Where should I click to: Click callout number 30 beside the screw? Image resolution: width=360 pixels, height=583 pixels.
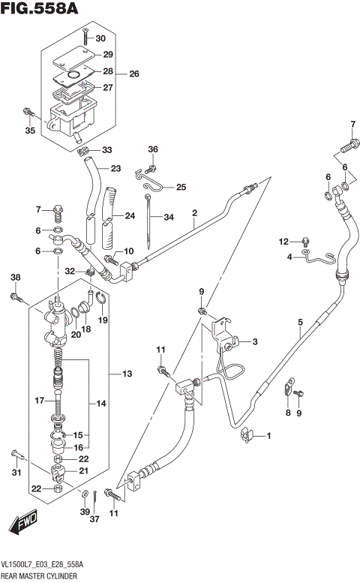click(x=100, y=38)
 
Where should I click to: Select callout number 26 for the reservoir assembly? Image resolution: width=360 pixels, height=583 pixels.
click(x=133, y=74)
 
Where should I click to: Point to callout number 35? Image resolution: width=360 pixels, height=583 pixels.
click(x=29, y=131)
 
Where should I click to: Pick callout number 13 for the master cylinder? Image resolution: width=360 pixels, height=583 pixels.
click(x=127, y=374)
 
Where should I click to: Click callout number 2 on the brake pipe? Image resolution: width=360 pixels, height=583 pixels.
click(x=193, y=213)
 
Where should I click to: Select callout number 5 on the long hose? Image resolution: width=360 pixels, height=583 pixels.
click(x=299, y=323)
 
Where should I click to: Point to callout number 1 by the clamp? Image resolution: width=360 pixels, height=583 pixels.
click(x=271, y=436)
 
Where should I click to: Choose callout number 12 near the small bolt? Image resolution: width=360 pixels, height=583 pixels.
click(x=284, y=241)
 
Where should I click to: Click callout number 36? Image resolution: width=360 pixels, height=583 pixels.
click(x=152, y=149)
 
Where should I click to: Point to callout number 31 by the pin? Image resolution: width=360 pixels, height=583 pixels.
click(x=16, y=471)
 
